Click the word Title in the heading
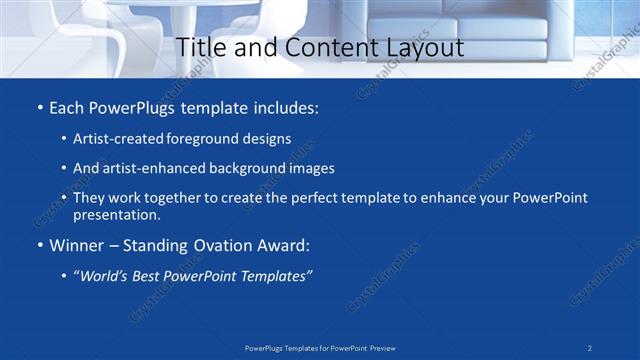[x=200, y=47]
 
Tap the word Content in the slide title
[x=328, y=47]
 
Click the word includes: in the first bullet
[x=284, y=107]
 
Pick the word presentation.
[x=116, y=214]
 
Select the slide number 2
[x=590, y=347]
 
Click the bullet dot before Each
[x=39, y=107]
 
